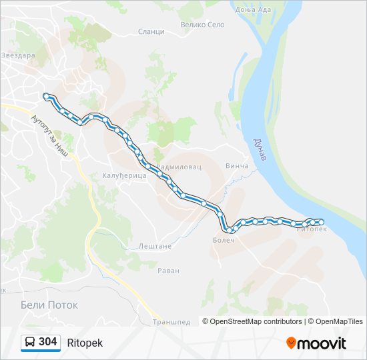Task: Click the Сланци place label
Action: [x=151, y=32]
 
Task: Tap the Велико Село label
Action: [x=202, y=24]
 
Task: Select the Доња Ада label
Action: [x=251, y=10]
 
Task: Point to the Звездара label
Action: [x=19, y=55]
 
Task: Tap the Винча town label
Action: [x=237, y=166]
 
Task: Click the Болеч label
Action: [x=224, y=239]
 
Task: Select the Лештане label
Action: [x=155, y=246]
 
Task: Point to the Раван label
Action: [x=167, y=271]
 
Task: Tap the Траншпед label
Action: [x=171, y=321]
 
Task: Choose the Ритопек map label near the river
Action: [x=312, y=229]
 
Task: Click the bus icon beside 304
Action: [x=30, y=342]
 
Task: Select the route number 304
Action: [x=48, y=342]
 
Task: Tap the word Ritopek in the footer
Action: [x=85, y=343]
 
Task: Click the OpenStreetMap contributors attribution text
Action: [x=256, y=321]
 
